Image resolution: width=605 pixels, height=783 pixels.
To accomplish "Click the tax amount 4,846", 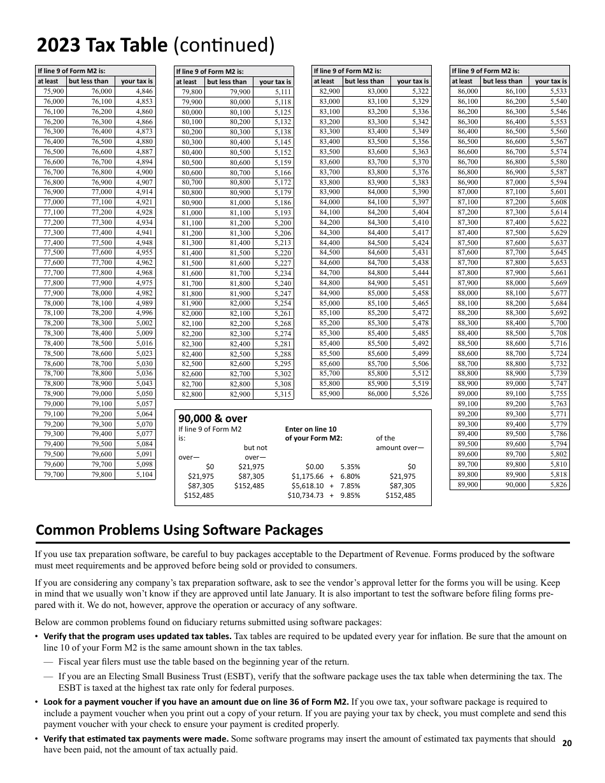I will pos(144,91).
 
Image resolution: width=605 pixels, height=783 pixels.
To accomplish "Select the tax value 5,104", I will pos(144,474).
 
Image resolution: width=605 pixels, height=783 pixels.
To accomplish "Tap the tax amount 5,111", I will pos(282,92).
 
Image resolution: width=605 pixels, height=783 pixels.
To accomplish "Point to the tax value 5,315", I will pos(282,395).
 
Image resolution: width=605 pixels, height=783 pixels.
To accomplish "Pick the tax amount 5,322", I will pos(420,91).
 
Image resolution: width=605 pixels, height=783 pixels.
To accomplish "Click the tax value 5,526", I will pos(420,394).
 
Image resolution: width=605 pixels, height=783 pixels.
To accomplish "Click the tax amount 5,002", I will pos(144,323).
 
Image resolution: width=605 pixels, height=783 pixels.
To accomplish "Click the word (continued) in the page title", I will pos(224,46).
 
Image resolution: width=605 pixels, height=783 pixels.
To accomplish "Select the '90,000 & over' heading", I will pos(213,418).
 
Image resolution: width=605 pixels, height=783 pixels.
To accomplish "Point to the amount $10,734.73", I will pos(306,495).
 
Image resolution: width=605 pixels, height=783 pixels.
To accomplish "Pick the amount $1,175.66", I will pos(308,476).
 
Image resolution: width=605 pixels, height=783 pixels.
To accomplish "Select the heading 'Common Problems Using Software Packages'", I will pos(180,530).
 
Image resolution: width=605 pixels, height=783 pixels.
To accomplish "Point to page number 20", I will pos(567,743).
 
